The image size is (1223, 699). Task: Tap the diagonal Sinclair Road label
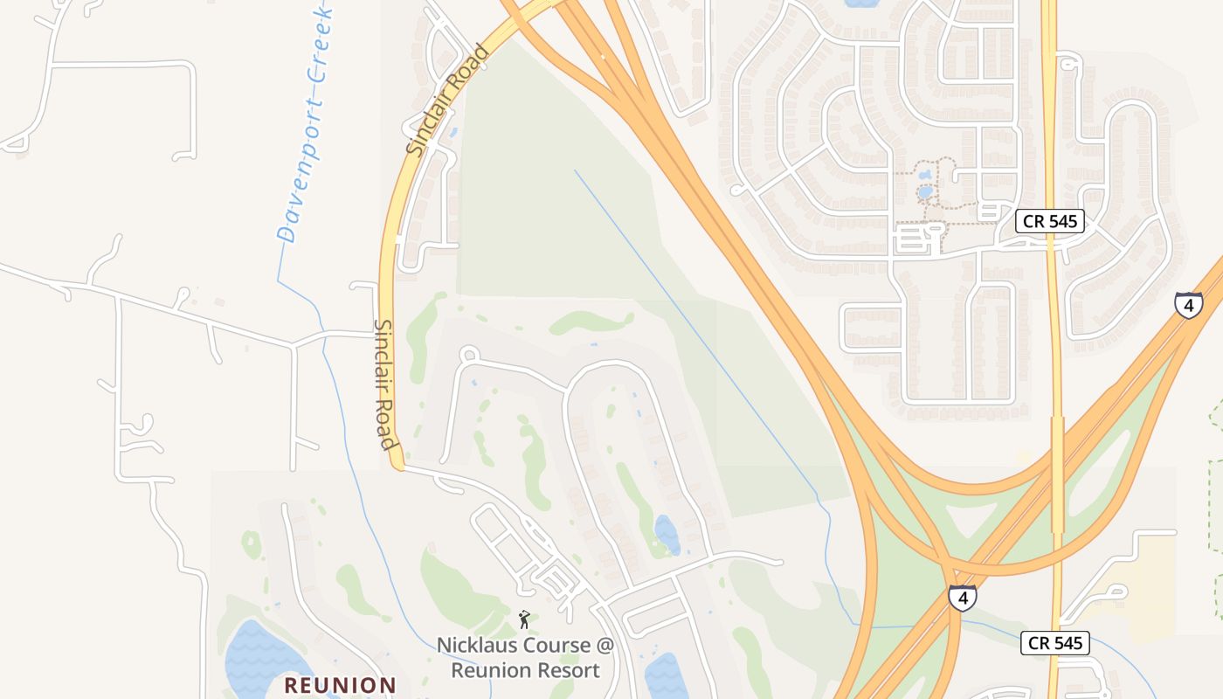pyautogui.click(x=446, y=100)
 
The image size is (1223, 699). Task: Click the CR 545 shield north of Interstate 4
pyautogui.click(x=1050, y=221)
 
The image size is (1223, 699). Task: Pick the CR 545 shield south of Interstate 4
pyautogui.click(x=1055, y=644)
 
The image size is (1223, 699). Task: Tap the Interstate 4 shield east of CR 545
pyautogui.click(x=1188, y=303)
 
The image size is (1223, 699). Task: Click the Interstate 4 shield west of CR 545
pyautogui.click(x=962, y=598)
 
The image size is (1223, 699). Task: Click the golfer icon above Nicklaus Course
pyautogui.click(x=524, y=619)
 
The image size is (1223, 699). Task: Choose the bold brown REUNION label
pyautogui.click(x=341, y=685)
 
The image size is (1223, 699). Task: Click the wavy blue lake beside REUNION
pyautogui.click(x=258, y=660)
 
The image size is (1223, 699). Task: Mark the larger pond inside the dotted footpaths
pyautogui.click(x=924, y=192)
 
